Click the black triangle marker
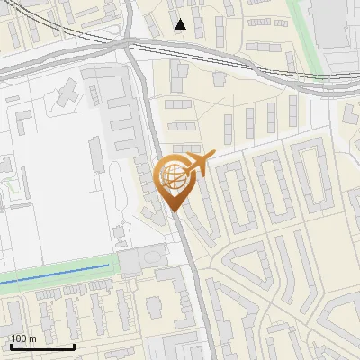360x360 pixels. point(181,24)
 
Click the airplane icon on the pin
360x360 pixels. point(198,165)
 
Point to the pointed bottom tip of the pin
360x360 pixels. point(175,211)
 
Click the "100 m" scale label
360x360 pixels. point(23,338)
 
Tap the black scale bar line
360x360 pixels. point(41,346)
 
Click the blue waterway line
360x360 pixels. point(54,275)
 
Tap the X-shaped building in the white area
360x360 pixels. point(68,93)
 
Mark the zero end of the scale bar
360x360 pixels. point(10,346)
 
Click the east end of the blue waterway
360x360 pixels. point(107,267)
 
